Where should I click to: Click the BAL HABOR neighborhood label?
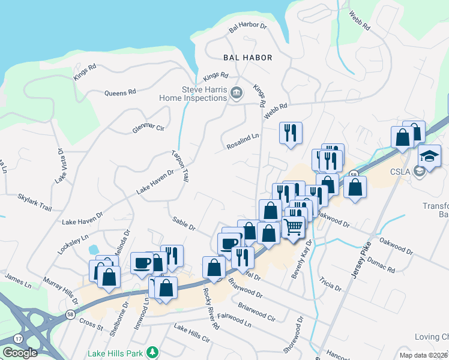(x=247, y=58)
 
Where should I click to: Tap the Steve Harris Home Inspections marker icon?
(x=237, y=93)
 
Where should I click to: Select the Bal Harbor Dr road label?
(x=247, y=28)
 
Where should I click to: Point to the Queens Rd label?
(x=120, y=93)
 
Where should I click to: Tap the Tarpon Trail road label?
(x=180, y=167)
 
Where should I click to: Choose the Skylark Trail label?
(x=35, y=201)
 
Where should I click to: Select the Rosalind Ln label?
(x=243, y=141)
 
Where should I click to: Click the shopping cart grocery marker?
(x=292, y=227)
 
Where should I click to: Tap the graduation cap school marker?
(x=429, y=155)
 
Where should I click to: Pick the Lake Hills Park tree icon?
(x=153, y=352)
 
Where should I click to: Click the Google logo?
(x=20, y=353)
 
